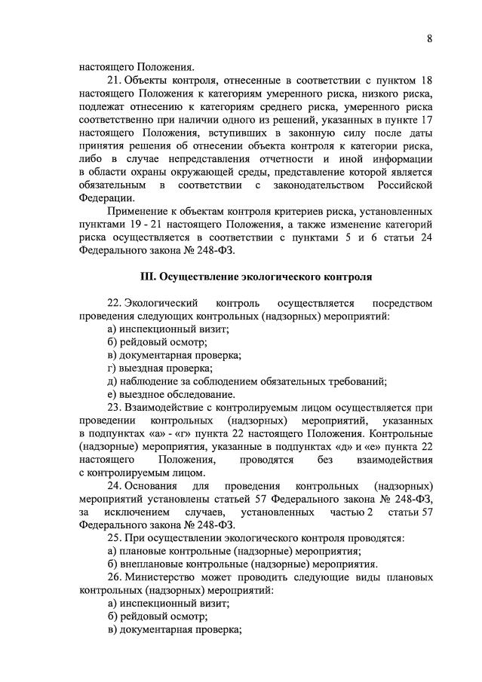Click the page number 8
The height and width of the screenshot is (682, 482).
click(x=429, y=40)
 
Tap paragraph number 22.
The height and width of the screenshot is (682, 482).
click(x=114, y=303)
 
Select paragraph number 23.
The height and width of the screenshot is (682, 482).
click(x=114, y=407)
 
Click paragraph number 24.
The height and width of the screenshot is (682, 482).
click(x=114, y=486)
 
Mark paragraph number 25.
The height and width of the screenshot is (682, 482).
click(x=114, y=538)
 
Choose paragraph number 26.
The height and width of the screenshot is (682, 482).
click(x=114, y=577)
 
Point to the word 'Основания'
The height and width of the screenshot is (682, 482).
click(x=152, y=486)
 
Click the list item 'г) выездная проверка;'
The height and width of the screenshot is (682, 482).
click(x=160, y=368)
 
